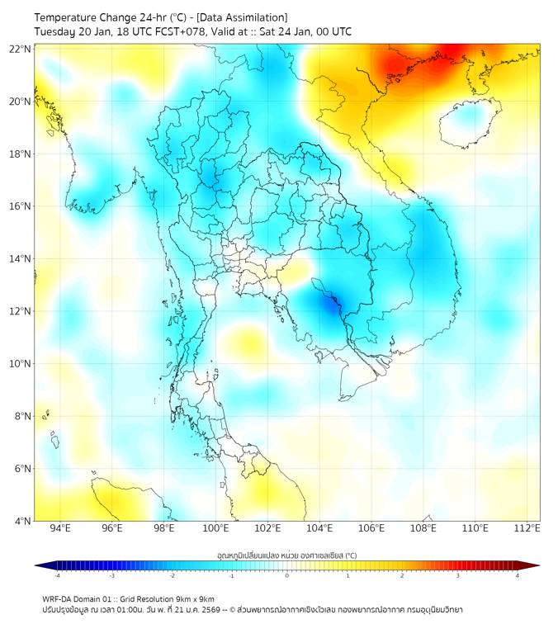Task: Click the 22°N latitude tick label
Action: [21, 49]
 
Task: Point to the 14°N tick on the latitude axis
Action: [21, 259]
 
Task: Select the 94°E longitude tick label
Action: [60, 528]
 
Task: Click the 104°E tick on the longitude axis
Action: [319, 528]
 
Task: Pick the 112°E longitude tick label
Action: [527, 528]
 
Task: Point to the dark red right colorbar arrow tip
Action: [539, 565]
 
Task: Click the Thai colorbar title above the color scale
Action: [286, 555]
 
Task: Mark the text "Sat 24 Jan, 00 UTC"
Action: [305, 31]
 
